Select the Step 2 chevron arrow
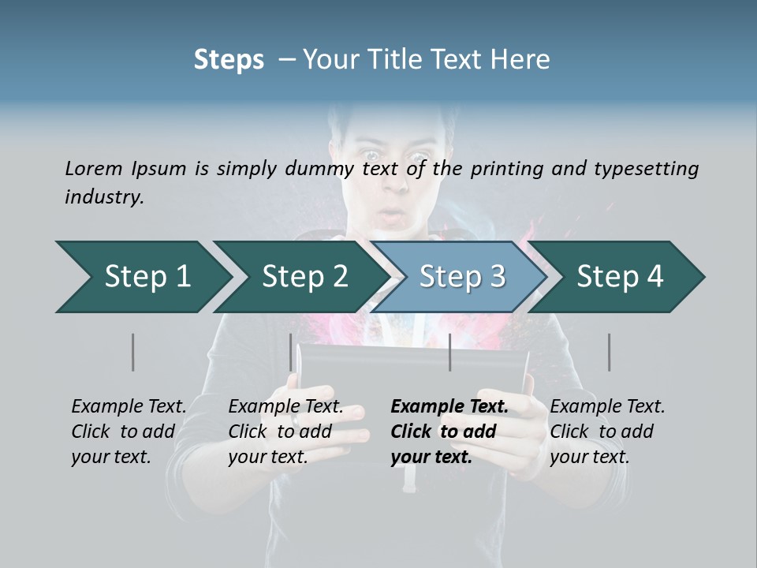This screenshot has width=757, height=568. (x=304, y=277)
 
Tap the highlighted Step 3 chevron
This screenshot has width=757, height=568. (x=462, y=277)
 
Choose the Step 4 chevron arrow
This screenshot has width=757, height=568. (x=620, y=277)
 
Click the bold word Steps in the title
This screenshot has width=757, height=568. (x=229, y=60)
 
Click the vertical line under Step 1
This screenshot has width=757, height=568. (x=133, y=352)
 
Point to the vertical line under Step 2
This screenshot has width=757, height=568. (x=291, y=352)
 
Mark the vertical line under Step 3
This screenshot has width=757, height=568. (x=449, y=352)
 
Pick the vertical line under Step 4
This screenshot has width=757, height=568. (x=609, y=352)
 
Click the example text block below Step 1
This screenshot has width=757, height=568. (x=129, y=432)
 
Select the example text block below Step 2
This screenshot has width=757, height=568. (x=285, y=432)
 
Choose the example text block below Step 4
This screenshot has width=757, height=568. (x=607, y=432)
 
